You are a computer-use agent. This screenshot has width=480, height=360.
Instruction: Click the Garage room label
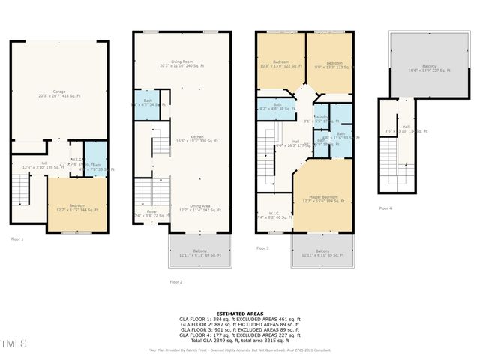tap(58, 94)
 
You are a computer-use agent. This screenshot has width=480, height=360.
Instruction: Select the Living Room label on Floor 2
tap(181, 64)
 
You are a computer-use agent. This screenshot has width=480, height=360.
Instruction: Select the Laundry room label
tap(321, 118)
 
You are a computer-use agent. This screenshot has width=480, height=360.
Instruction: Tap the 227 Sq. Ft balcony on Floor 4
tap(423, 67)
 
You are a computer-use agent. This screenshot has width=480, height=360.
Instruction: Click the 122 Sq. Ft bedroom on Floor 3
tap(280, 64)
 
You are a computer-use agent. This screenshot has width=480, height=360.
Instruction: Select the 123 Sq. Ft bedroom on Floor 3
tap(328, 64)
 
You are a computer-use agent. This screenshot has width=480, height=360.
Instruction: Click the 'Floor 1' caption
tap(17, 238)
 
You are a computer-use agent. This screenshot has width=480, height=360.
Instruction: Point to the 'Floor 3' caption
tap(262, 247)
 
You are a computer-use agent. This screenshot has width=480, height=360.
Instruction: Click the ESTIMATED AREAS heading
tap(239, 313)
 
